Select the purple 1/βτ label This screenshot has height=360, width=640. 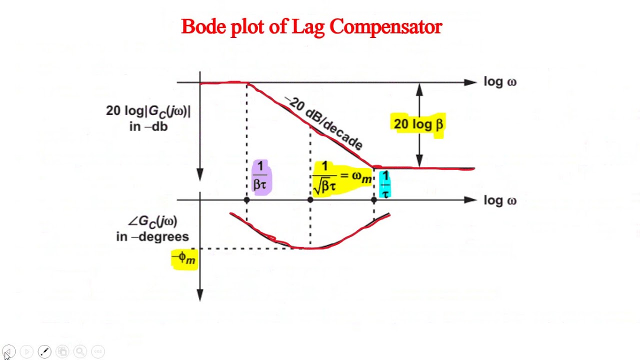pos(261,176)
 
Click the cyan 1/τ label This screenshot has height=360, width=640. pos(385,184)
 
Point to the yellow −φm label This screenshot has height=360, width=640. pos(184,259)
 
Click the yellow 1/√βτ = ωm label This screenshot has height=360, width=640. pos(342,178)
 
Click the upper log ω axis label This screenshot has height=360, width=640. pos(500,82)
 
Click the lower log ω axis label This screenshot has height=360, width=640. pos(500,200)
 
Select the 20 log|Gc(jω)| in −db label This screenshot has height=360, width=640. pos(148,118)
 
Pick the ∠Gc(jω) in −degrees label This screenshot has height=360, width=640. pos(152,228)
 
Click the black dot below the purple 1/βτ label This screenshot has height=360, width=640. pos(246,200)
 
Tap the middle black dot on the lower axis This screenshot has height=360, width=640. pos(310,200)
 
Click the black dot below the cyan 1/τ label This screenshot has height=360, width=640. pos(374,200)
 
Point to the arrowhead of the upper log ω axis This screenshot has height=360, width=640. pos(471,82)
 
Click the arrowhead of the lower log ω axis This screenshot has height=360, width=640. pos(471,200)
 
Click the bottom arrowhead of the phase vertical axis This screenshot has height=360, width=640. pos(200,295)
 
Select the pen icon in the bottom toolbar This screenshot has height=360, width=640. pos(44,351)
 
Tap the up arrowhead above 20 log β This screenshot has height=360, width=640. pos(419,89)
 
